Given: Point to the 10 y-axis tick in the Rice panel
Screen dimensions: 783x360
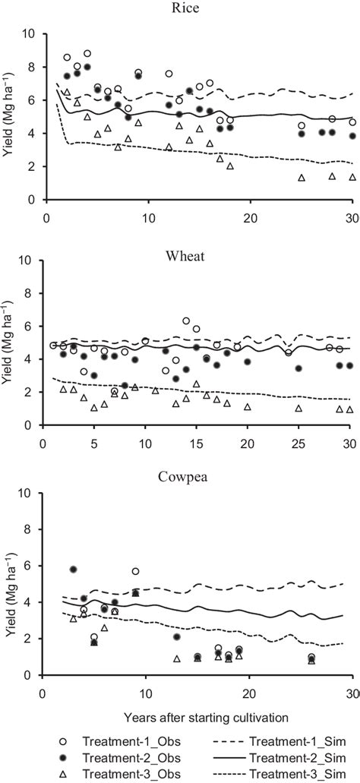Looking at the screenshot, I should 27,33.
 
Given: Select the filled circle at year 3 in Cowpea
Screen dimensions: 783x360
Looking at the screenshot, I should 74,569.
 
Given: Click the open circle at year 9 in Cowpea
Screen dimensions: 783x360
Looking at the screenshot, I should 135,571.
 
